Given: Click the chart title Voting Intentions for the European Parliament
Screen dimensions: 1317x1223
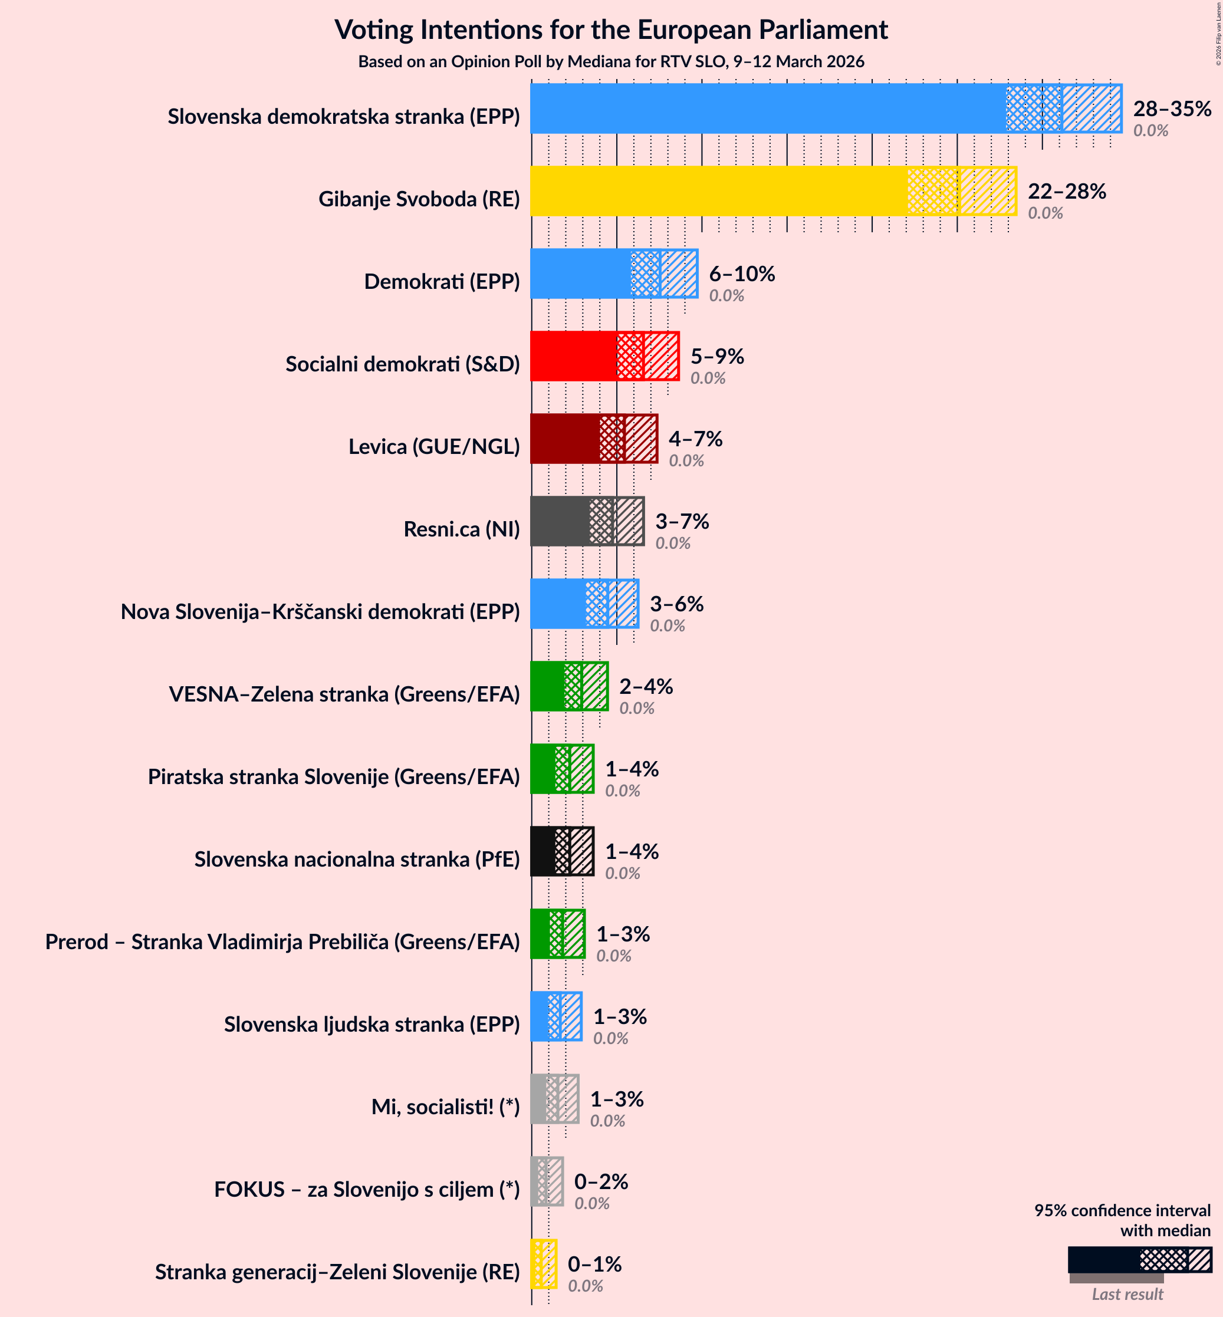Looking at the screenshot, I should tap(611, 29).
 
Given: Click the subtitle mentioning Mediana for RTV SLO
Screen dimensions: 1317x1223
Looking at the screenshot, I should tap(611, 61).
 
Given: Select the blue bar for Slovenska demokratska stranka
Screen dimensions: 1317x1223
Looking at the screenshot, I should tap(768, 108).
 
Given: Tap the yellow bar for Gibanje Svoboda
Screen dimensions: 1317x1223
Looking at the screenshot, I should tap(718, 191).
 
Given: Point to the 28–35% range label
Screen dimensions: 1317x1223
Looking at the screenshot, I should tap(1171, 108).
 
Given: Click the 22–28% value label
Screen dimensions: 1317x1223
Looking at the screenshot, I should tap(1066, 191).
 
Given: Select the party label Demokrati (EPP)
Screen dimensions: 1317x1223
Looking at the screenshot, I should tap(442, 281).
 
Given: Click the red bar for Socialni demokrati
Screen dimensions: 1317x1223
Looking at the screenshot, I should tap(573, 357).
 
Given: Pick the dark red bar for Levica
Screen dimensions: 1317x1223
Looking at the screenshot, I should tap(564, 439).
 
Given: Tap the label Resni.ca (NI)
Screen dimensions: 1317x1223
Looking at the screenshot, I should tap(461, 529).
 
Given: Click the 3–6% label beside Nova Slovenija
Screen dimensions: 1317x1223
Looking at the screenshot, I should tap(676, 604).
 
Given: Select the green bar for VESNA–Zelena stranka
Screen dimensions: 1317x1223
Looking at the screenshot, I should tap(547, 687).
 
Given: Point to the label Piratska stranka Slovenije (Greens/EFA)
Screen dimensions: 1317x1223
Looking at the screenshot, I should tap(334, 776).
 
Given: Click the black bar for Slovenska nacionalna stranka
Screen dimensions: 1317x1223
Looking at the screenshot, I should tap(543, 851).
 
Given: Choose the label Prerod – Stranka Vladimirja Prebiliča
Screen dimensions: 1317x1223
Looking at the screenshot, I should tap(282, 941).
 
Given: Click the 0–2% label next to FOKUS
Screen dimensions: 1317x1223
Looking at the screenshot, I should tap(600, 1181).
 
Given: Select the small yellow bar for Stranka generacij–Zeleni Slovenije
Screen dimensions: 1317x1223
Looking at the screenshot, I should tap(536, 1264).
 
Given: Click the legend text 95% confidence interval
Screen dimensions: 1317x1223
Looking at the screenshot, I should tap(1122, 1210).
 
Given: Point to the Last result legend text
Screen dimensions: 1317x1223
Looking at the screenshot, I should tap(1127, 1295).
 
